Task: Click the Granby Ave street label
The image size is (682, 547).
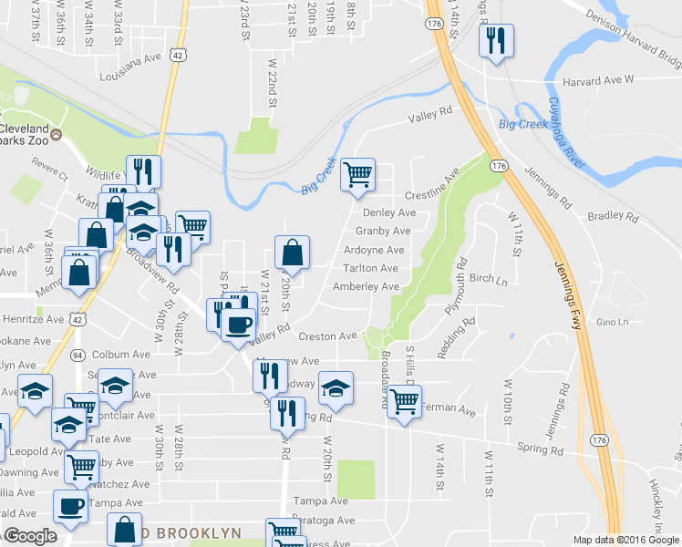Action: [379, 232]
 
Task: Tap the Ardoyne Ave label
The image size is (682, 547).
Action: [374, 250]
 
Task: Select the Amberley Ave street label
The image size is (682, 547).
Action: [366, 286]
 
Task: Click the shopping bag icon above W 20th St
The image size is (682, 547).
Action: [292, 253]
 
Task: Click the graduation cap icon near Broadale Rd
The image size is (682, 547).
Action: [336, 387]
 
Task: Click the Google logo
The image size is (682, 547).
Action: [30, 536]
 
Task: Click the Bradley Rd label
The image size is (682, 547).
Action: [613, 217]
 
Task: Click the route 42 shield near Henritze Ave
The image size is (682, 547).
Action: [78, 320]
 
